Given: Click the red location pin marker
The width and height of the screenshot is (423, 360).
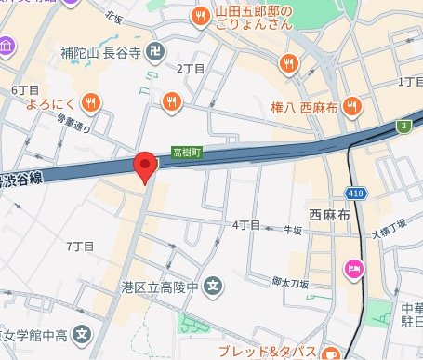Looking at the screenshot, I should pyautogui.click(x=145, y=166).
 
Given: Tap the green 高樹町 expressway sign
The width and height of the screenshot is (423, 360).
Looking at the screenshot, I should pyautogui.click(x=187, y=150).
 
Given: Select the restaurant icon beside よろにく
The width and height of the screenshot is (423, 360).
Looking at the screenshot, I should pyautogui.click(x=91, y=101).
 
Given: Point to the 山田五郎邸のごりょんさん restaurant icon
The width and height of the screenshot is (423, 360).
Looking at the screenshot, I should pyautogui.click(x=199, y=16).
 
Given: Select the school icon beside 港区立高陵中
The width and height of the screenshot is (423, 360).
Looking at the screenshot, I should pyautogui.click(x=212, y=285).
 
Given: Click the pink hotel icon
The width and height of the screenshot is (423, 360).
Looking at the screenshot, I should pyautogui.click(x=354, y=269).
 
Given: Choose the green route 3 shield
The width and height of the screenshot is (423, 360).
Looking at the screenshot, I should pyautogui.click(x=404, y=125).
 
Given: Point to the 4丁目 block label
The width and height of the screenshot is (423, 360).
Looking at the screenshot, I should pyautogui.click(x=245, y=226).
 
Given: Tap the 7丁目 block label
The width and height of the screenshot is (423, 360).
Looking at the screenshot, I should pyautogui.click(x=81, y=246).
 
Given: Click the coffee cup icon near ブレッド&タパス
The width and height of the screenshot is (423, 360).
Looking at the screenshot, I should pyautogui.click(x=329, y=353).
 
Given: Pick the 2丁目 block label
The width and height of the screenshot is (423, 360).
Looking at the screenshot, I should pyautogui.click(x=189, y=70).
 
